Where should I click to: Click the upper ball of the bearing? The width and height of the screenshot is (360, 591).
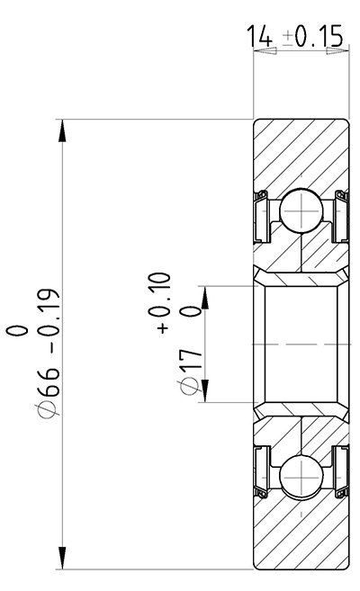pos(300,215)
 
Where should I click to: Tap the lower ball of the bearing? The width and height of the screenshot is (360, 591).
pos(300,473)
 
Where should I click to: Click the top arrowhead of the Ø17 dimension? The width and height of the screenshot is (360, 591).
pos(206,298)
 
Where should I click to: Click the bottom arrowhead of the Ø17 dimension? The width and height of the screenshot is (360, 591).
pos(206,390)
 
